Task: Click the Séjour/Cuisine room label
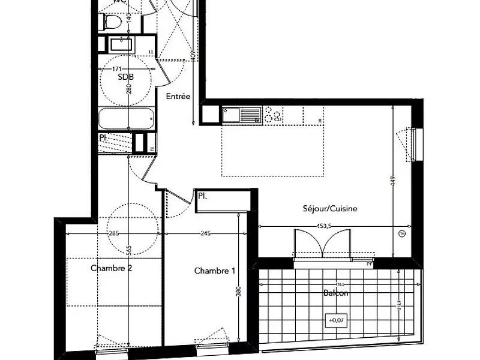[x=330, y=209]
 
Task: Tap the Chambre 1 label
[x=214, y=271]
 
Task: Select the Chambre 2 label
[x=112, y=268]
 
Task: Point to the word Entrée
[x=178, y=96]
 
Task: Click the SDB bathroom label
[x=126, y=77]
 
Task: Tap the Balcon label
[x=335, y=294]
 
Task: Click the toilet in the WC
[x=112, y=22]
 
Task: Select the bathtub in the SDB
[x=127, y=119]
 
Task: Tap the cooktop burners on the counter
[x=275, y=114]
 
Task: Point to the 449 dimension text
[x=393, y=181]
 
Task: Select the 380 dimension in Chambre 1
[x=239, y=293]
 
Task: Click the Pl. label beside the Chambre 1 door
[x=203, y=196]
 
